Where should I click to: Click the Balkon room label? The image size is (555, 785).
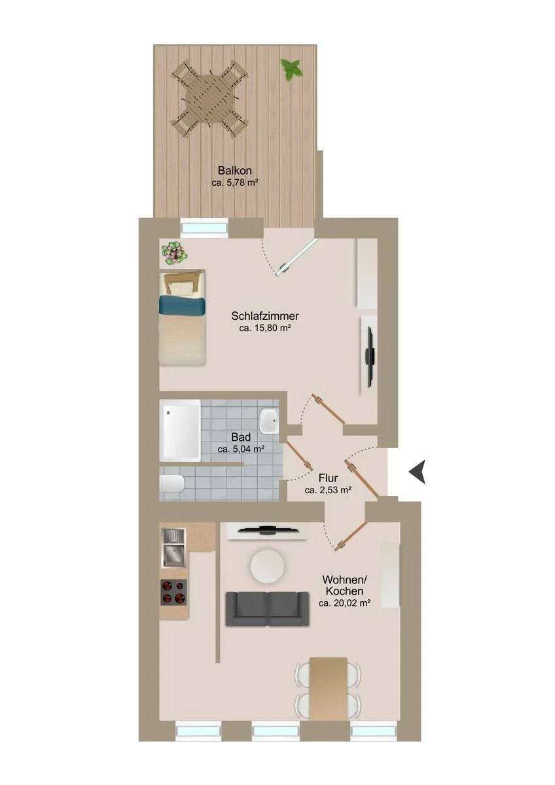click(x=234, y=171)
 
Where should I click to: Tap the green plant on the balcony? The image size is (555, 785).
click(x=291, y=69)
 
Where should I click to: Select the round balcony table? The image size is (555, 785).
click(x=209, y=99)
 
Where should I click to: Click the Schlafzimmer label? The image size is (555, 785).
click(x=264, y=316)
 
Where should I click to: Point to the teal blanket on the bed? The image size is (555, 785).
click(x=182, y=305)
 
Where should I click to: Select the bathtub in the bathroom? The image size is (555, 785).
click(x=180, y=430)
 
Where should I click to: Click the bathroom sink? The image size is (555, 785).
click(x=268, y=420)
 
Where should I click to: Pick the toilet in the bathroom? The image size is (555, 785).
click(x=171, y=483)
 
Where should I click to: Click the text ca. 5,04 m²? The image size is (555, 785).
click(x=241, y=449)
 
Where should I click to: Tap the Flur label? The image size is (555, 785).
click(x=328, y=478)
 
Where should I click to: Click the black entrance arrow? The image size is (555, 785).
click(x=418, y=472)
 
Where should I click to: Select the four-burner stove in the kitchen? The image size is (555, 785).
click(x=173, y=593)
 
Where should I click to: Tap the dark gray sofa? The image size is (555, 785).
click(x=268, y=609)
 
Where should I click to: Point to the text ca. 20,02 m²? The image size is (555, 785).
click(x=345, y=603)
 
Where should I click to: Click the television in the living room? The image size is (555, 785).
click(x=268, y=530)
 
